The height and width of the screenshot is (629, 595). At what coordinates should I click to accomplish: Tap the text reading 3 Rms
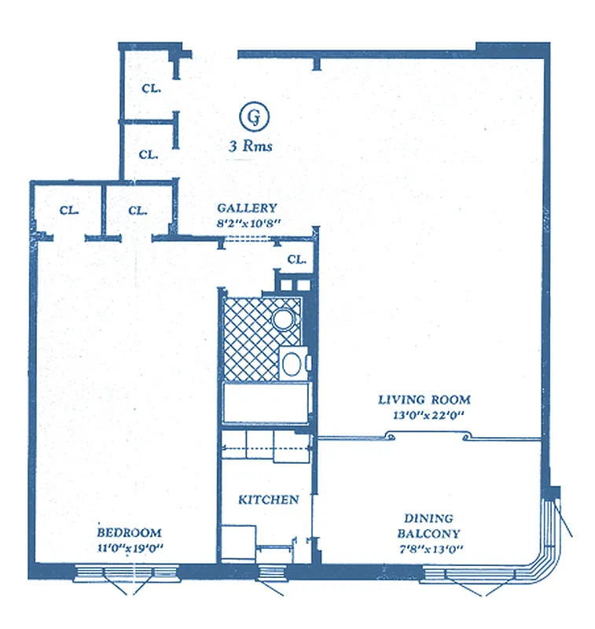point(251,146)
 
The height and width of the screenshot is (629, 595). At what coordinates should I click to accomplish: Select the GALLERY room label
point(247,208)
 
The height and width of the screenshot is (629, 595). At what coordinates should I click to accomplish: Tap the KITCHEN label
point(269,499)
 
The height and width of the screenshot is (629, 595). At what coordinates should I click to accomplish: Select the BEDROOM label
point(130,532)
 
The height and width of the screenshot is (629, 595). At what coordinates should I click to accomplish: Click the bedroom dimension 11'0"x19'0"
point(130,547)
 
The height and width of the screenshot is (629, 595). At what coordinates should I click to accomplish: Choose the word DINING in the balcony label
point(428,518)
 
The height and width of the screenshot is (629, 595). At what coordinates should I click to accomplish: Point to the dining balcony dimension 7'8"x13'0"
point(428,548)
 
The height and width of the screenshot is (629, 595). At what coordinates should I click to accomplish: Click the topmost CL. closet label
point(151,88)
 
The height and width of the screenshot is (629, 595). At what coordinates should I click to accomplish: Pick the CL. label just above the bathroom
point(296,259)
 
